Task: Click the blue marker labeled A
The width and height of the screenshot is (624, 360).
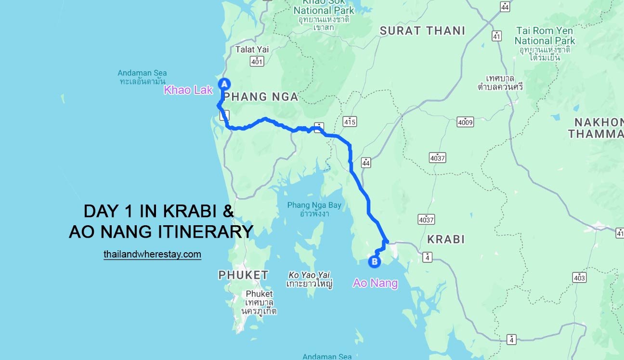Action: click(x=224, y=84)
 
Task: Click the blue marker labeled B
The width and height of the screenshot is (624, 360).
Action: click(x=374, y=262)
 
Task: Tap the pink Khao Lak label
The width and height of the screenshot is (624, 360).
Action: click(x=188, y=90)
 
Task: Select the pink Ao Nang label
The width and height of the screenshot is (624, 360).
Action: click(x=375, y=283)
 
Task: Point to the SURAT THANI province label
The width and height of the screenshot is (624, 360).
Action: click(x=422, y=31)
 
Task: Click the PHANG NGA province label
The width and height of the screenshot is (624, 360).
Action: click(x=261, y=97)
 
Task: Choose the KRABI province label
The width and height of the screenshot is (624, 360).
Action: click(x=446, y=239)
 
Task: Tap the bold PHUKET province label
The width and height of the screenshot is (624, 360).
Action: click(x=243, y=275)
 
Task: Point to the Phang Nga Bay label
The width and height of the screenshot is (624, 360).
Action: click(x=314, y=206)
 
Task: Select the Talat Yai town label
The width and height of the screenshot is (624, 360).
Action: click(x=252, y=49)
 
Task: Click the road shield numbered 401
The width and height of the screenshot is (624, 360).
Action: click(x=257, y=61)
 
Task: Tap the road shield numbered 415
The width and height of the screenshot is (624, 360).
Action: click(x=350, y=122)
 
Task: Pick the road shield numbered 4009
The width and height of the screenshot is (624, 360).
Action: click(x=466, y=122)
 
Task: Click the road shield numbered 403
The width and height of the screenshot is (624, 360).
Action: click(x=579, y=278)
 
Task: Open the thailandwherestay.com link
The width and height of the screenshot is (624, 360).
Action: click(x=152, y=254)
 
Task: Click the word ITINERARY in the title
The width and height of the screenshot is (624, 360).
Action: click(x=205, y=232)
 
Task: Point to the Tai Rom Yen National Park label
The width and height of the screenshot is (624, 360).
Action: click(x=545, y=36)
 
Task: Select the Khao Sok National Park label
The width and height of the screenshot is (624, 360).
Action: click(x=324, y=10)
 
